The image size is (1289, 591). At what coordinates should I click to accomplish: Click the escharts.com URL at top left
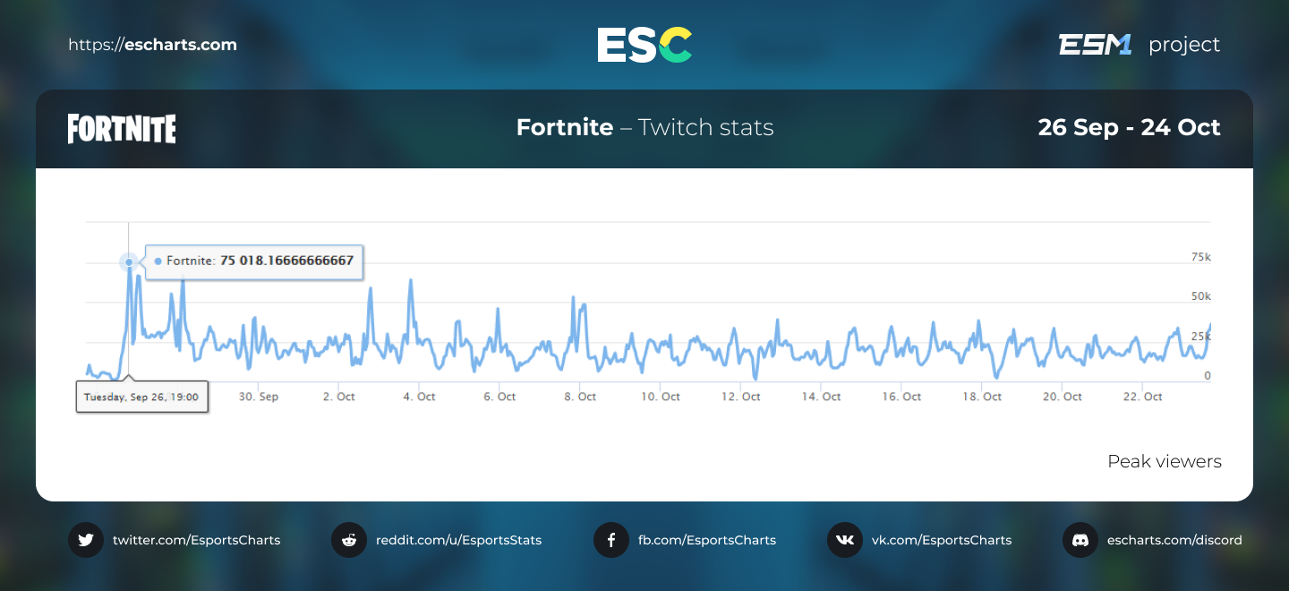[152, 45]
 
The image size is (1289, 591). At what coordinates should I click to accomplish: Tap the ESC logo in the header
[644, 45]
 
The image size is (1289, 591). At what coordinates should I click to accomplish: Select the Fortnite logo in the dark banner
[122, 129]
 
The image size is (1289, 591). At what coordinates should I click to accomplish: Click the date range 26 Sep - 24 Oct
[1129, 127]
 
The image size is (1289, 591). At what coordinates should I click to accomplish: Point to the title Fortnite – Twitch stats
[644, 127]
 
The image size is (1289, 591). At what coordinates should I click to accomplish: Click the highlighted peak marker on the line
[129, 261]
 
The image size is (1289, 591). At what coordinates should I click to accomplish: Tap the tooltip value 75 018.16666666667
[286, 261]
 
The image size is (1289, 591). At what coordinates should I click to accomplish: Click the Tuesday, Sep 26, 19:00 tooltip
[141, 396]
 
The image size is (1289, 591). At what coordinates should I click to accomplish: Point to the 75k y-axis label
[1200, 257]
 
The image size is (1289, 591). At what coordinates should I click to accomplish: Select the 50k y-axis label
[1200, 296]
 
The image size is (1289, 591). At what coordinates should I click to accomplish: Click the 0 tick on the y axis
[1207, 376]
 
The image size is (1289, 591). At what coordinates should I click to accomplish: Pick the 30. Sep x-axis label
[259, 397]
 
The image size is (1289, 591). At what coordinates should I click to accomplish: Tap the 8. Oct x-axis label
[580, 397]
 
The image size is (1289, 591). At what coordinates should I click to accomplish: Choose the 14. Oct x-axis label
[821, 397]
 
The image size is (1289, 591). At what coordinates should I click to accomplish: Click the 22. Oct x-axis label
[1142, 397]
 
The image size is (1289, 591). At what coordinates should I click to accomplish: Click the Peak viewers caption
[1164, 461]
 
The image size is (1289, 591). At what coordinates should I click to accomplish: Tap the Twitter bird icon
[86, 540]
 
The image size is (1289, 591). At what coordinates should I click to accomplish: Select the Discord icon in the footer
[1080, 540]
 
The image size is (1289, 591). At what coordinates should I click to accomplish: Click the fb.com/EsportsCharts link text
[706, 540]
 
